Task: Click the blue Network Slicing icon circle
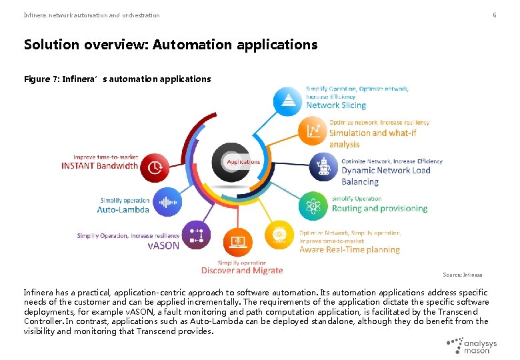coord(288,101)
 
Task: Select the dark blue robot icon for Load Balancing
coord(325,167)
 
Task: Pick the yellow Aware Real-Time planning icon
coord(279,235)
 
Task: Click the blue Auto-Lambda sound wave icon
coord(166,201)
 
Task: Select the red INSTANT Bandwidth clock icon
coord(155,167)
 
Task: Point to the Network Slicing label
coord(336,105)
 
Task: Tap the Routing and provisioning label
coord(379,209)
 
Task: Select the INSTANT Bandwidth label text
coord(100,166)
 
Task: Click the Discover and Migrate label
coord(242,270)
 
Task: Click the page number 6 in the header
coord(495,15)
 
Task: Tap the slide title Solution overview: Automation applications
coord(171,45)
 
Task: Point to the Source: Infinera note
coord(463,275)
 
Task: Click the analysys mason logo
coord(472,345)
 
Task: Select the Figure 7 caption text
coord(117,79)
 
